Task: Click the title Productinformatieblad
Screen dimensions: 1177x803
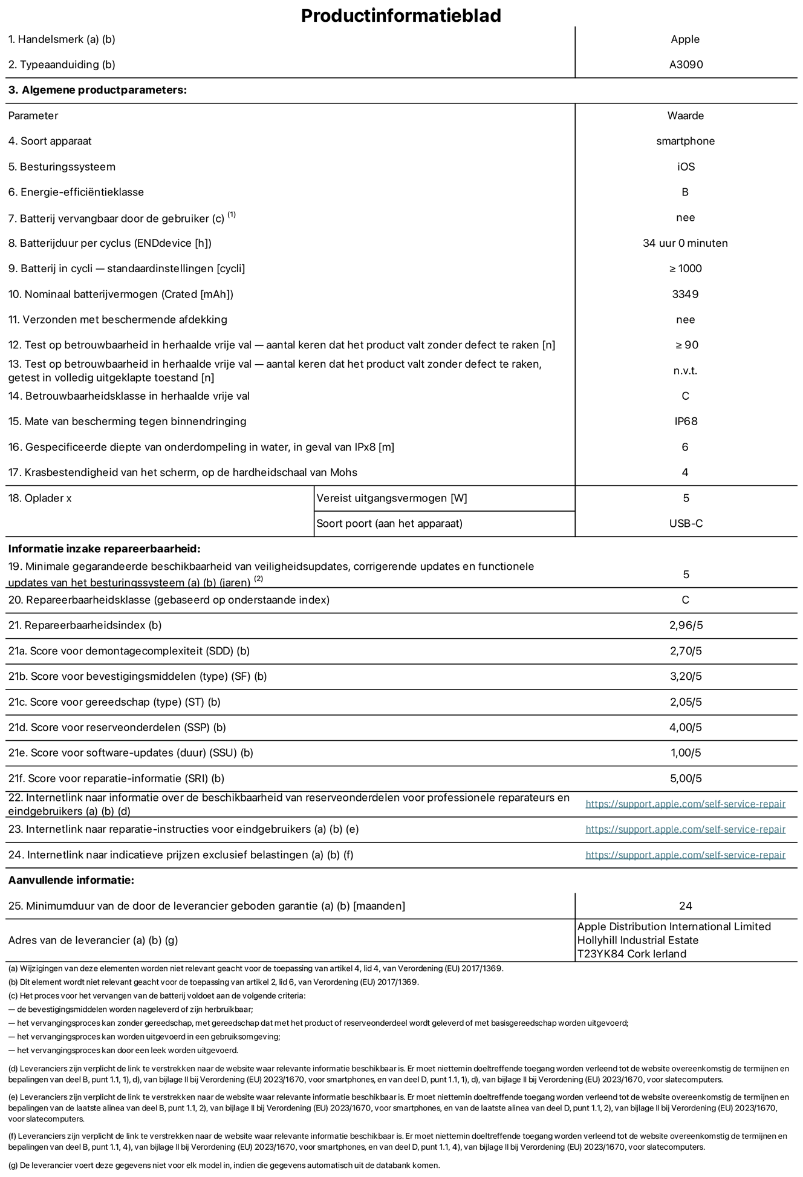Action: click(401, 16)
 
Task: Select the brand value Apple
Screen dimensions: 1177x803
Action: click(685, 39)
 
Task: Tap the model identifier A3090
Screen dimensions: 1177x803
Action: click(686, 65)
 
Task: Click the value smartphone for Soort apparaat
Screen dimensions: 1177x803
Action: click(685, 141)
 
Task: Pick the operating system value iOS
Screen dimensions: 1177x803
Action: click(686, 167)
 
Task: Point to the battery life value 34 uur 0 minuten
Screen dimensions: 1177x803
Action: click(685, 243)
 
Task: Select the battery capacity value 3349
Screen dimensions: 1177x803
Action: click(685, 294)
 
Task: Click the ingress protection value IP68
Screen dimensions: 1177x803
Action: click(686, 422)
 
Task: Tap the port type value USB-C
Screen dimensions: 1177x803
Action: click(686, 524)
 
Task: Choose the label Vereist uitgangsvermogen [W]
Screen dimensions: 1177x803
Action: click(392, 498)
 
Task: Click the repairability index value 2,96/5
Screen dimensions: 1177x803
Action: click(686, 625)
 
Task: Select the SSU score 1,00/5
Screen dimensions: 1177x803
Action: click(686, 753)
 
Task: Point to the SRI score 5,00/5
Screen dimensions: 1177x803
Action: click(686, 778)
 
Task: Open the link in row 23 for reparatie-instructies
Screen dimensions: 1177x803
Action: click(685, 829)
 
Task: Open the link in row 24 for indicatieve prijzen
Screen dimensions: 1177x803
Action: click(685, 855)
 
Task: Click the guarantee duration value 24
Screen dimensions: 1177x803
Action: click(685, 906)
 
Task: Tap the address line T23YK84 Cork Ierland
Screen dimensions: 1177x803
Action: click(632, 954)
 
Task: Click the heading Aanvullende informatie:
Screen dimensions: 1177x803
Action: click(71, 881)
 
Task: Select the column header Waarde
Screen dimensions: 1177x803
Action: click(685, 116)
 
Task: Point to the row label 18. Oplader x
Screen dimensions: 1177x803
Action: click(40, 498)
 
